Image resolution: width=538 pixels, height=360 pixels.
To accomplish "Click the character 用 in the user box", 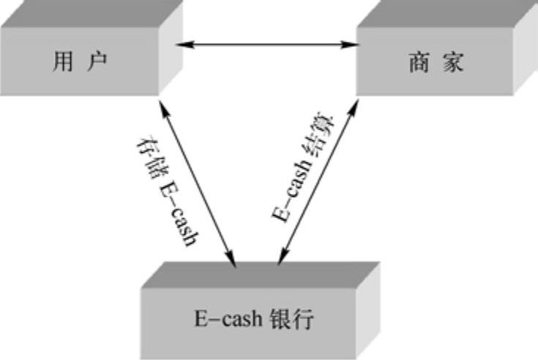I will [x=63, y=61].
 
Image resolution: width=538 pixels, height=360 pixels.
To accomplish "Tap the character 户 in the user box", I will [x=98, y=61].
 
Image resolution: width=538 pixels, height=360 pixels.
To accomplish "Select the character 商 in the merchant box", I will [x=418, y=63].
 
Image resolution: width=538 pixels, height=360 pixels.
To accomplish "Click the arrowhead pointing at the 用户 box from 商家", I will [x=184, y=45].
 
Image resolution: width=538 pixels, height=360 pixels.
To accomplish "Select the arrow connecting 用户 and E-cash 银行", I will [x=198, y=182].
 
